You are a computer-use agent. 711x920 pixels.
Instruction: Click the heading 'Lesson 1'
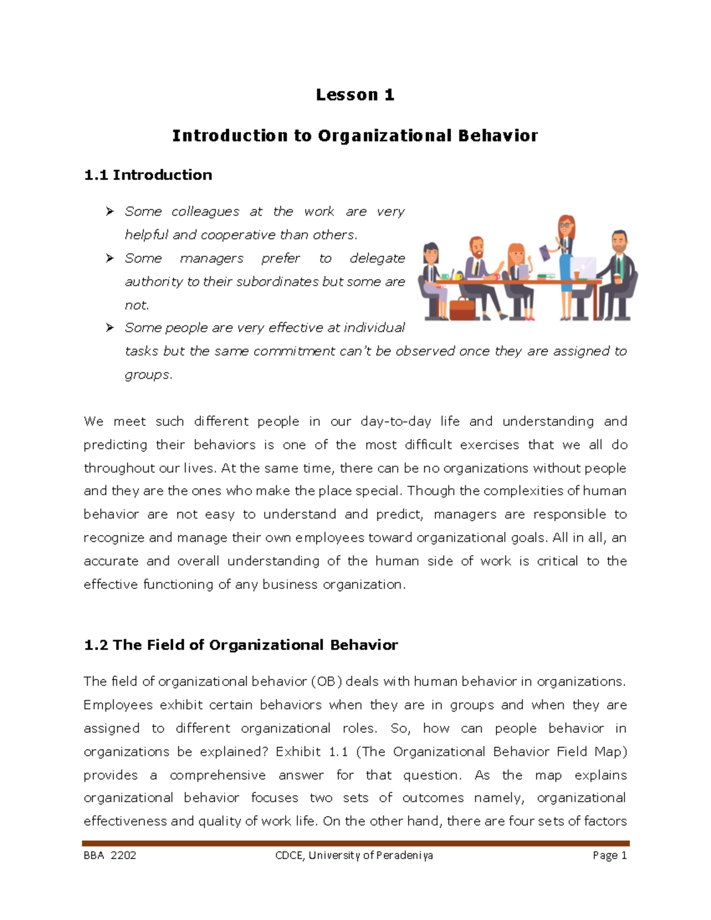[355, 95]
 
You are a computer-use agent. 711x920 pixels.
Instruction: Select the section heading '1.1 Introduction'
[148, 175]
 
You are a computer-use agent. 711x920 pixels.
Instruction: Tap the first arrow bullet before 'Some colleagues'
[110, 211]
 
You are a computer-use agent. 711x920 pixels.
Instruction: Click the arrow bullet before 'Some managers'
[110, 258]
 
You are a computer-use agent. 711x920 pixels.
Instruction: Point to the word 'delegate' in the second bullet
[377, 258]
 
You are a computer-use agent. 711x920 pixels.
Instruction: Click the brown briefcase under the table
[462, 309]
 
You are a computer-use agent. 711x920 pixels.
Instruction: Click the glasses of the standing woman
[565, 225]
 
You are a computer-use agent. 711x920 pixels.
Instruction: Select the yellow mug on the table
[458, 277]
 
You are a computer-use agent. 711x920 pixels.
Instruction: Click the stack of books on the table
[546, 276]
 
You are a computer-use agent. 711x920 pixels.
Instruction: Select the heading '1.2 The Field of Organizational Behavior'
[241, 645]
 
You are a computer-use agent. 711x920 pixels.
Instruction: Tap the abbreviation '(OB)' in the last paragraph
[326, 682]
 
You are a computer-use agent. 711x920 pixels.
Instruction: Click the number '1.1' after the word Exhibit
[338, 752]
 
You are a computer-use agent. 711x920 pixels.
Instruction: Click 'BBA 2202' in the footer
[110, 855]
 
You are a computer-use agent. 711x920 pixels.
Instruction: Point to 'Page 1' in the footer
[609, 855]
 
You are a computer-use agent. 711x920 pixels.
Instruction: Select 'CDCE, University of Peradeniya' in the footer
[354, 855]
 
